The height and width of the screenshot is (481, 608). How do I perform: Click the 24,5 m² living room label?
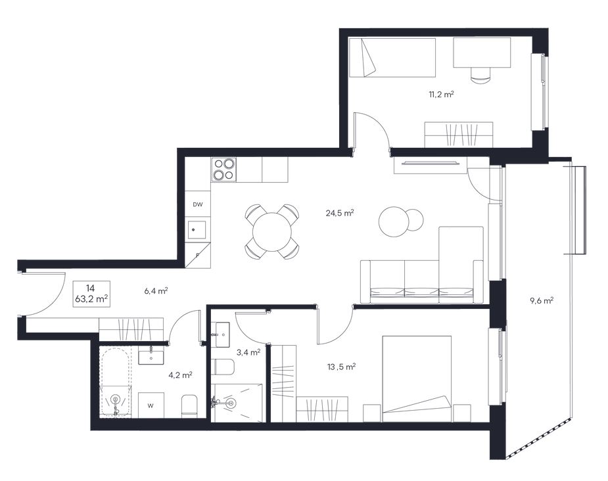coord(340,213)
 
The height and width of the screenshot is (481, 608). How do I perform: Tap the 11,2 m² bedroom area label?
coord(441,94)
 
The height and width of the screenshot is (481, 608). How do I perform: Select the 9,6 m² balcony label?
coord(541,300)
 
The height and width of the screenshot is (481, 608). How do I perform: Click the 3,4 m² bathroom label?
coord(248,352)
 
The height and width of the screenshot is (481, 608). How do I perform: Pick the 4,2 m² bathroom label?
coord(181,375)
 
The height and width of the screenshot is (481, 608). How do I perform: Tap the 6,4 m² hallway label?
coord(156,290)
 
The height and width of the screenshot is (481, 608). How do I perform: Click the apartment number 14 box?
coord(92,294)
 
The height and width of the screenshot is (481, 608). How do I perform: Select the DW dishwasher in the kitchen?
coord(198,204)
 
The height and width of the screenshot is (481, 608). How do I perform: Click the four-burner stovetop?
coord(223,170)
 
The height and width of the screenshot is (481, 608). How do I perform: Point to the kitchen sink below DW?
coord(198,230)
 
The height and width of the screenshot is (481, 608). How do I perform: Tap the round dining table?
coord(272,232)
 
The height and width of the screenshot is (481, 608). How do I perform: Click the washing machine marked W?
coord(151,405)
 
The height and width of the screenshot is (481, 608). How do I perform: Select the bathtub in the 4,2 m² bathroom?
coord(115,382)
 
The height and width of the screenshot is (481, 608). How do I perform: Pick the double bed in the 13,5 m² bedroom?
coord(417,378)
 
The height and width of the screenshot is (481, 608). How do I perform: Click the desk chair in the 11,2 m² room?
coord(481,74)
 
